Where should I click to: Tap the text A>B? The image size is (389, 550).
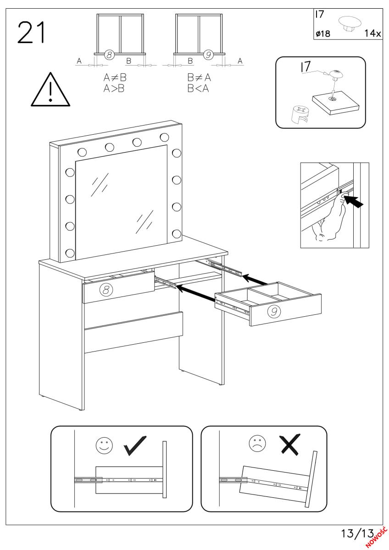114,88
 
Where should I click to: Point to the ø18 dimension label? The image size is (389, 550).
323,33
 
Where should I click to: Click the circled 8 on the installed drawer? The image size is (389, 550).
106,289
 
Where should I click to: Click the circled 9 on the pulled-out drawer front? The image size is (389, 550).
273,311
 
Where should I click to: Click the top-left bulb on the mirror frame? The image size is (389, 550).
82,152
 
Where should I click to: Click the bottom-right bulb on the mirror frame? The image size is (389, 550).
176,234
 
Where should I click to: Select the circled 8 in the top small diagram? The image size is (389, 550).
109,55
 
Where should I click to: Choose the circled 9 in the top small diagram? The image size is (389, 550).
209,55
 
